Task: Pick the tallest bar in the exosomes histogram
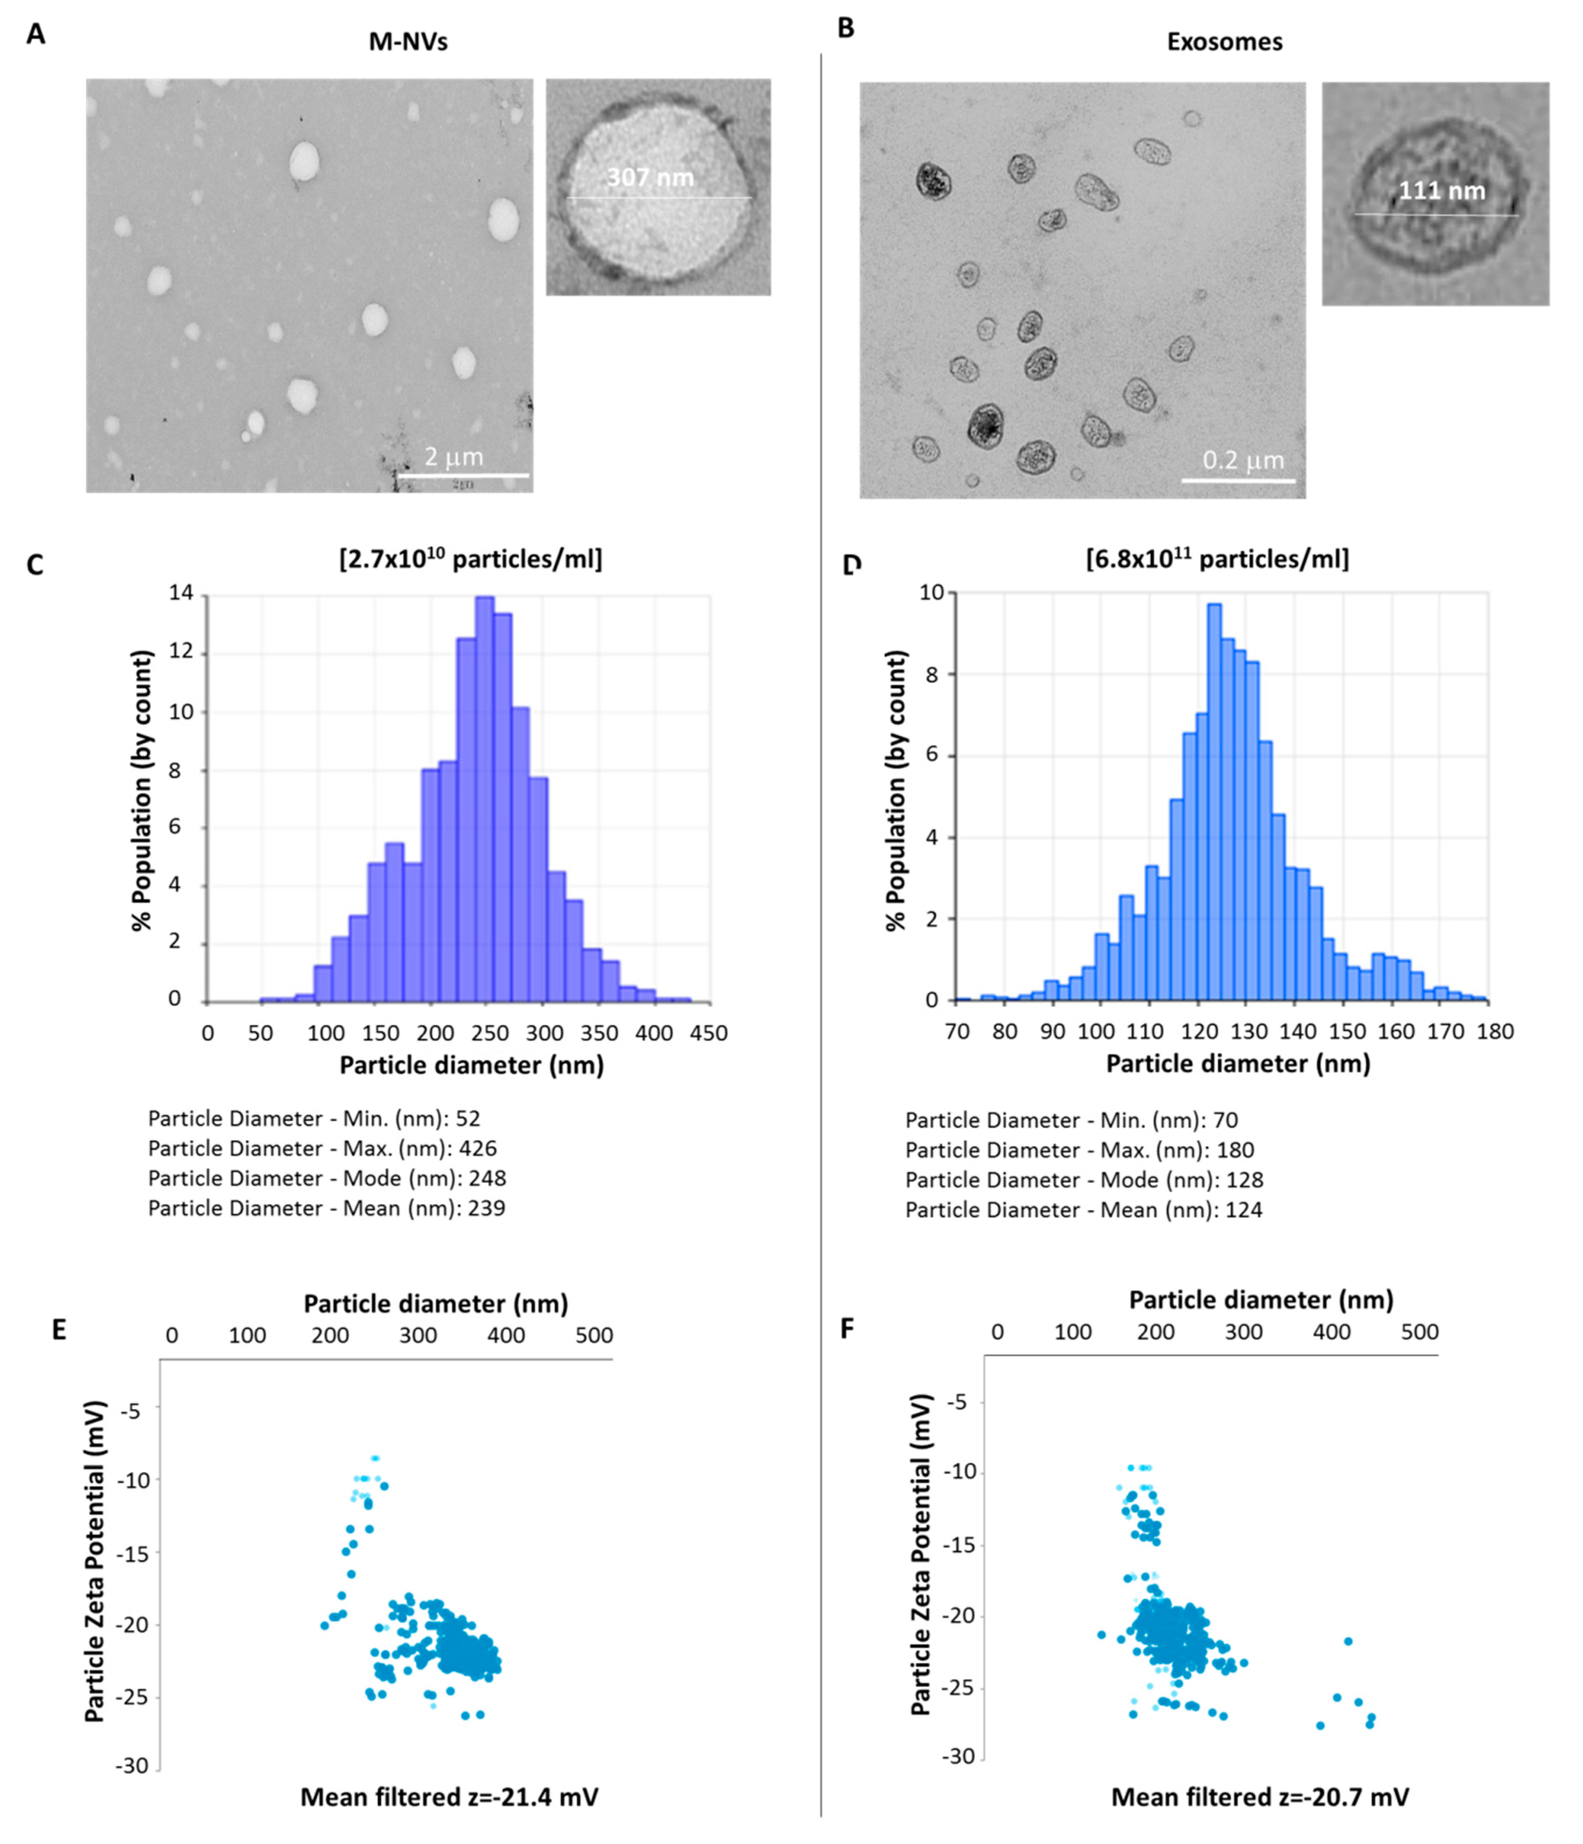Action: click(x=1214, y=801)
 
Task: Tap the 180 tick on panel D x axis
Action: click(x=1495, y=1032)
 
